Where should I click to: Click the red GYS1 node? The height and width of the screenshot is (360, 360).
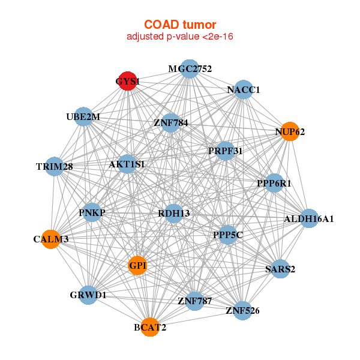coord(127,81)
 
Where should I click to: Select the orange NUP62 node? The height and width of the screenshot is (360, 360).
coord(290,131)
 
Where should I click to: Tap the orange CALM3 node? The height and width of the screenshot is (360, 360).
coord(51,239)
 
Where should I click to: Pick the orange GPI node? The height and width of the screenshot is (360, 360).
coord(137,265)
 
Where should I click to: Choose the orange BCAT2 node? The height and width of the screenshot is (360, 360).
coord(150,327)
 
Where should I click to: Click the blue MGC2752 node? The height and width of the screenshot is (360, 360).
coord(189,69)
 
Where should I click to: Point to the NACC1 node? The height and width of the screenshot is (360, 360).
coord(243,90)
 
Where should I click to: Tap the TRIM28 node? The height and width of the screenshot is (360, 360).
coord(55,166)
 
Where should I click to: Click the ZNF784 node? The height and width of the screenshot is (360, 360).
coord(171,123)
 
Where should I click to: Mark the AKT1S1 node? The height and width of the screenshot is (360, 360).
coord(127,163)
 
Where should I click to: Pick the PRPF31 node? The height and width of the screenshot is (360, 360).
coord(226,151)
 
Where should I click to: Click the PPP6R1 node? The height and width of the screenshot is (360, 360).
coord(274,183)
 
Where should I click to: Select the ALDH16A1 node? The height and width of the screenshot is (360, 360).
coord(308,218)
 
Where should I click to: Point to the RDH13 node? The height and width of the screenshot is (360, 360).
coord(173,213)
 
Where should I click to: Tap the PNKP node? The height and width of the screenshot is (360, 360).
coord(92,212)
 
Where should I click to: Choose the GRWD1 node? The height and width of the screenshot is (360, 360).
coord(88,295)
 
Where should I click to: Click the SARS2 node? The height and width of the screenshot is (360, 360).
coord(280,269)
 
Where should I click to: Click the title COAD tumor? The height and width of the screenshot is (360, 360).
coord(180,25)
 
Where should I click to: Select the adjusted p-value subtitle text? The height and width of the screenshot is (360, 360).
coord(180,37)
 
